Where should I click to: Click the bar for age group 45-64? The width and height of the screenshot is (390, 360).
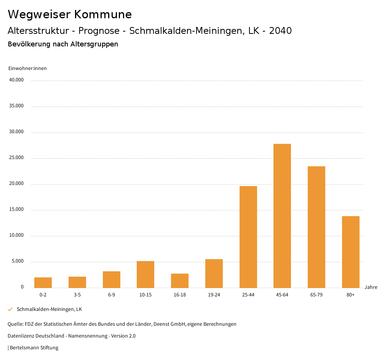coord(282,216)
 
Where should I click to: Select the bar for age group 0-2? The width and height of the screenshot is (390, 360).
coord(43,283)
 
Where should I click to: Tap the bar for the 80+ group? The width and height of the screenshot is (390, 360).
coord(351,252)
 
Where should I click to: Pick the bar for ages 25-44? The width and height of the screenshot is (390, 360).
coord(248,237)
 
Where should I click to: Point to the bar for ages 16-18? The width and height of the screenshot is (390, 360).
coord(180,281)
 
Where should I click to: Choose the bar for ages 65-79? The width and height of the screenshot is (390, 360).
coord(316,227)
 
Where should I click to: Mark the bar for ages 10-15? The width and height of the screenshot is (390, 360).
coord(145,274)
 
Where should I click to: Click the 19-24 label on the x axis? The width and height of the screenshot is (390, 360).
coord(214,295)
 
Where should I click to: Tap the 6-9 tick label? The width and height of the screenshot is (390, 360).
coord(112,295)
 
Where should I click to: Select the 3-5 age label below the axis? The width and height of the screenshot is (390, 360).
coord(77,295)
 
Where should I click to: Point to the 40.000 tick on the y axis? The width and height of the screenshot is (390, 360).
coord(16,80)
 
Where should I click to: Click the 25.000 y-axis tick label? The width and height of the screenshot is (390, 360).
coord(16,158)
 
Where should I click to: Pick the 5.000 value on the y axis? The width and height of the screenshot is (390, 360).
coord(18,261)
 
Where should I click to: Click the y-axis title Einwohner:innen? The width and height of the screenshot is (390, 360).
coord(27,68)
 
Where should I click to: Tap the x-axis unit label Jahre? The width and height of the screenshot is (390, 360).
coord(371,287)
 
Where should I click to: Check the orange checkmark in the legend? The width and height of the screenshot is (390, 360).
coord(10,309)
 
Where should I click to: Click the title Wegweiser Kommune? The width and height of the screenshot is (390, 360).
coord(70,14)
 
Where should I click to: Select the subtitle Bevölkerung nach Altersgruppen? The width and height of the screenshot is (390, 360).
coord(63,44)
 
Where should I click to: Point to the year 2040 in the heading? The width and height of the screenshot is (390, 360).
coord(280,31)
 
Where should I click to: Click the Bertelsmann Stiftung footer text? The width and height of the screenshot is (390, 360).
coord(34,348)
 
